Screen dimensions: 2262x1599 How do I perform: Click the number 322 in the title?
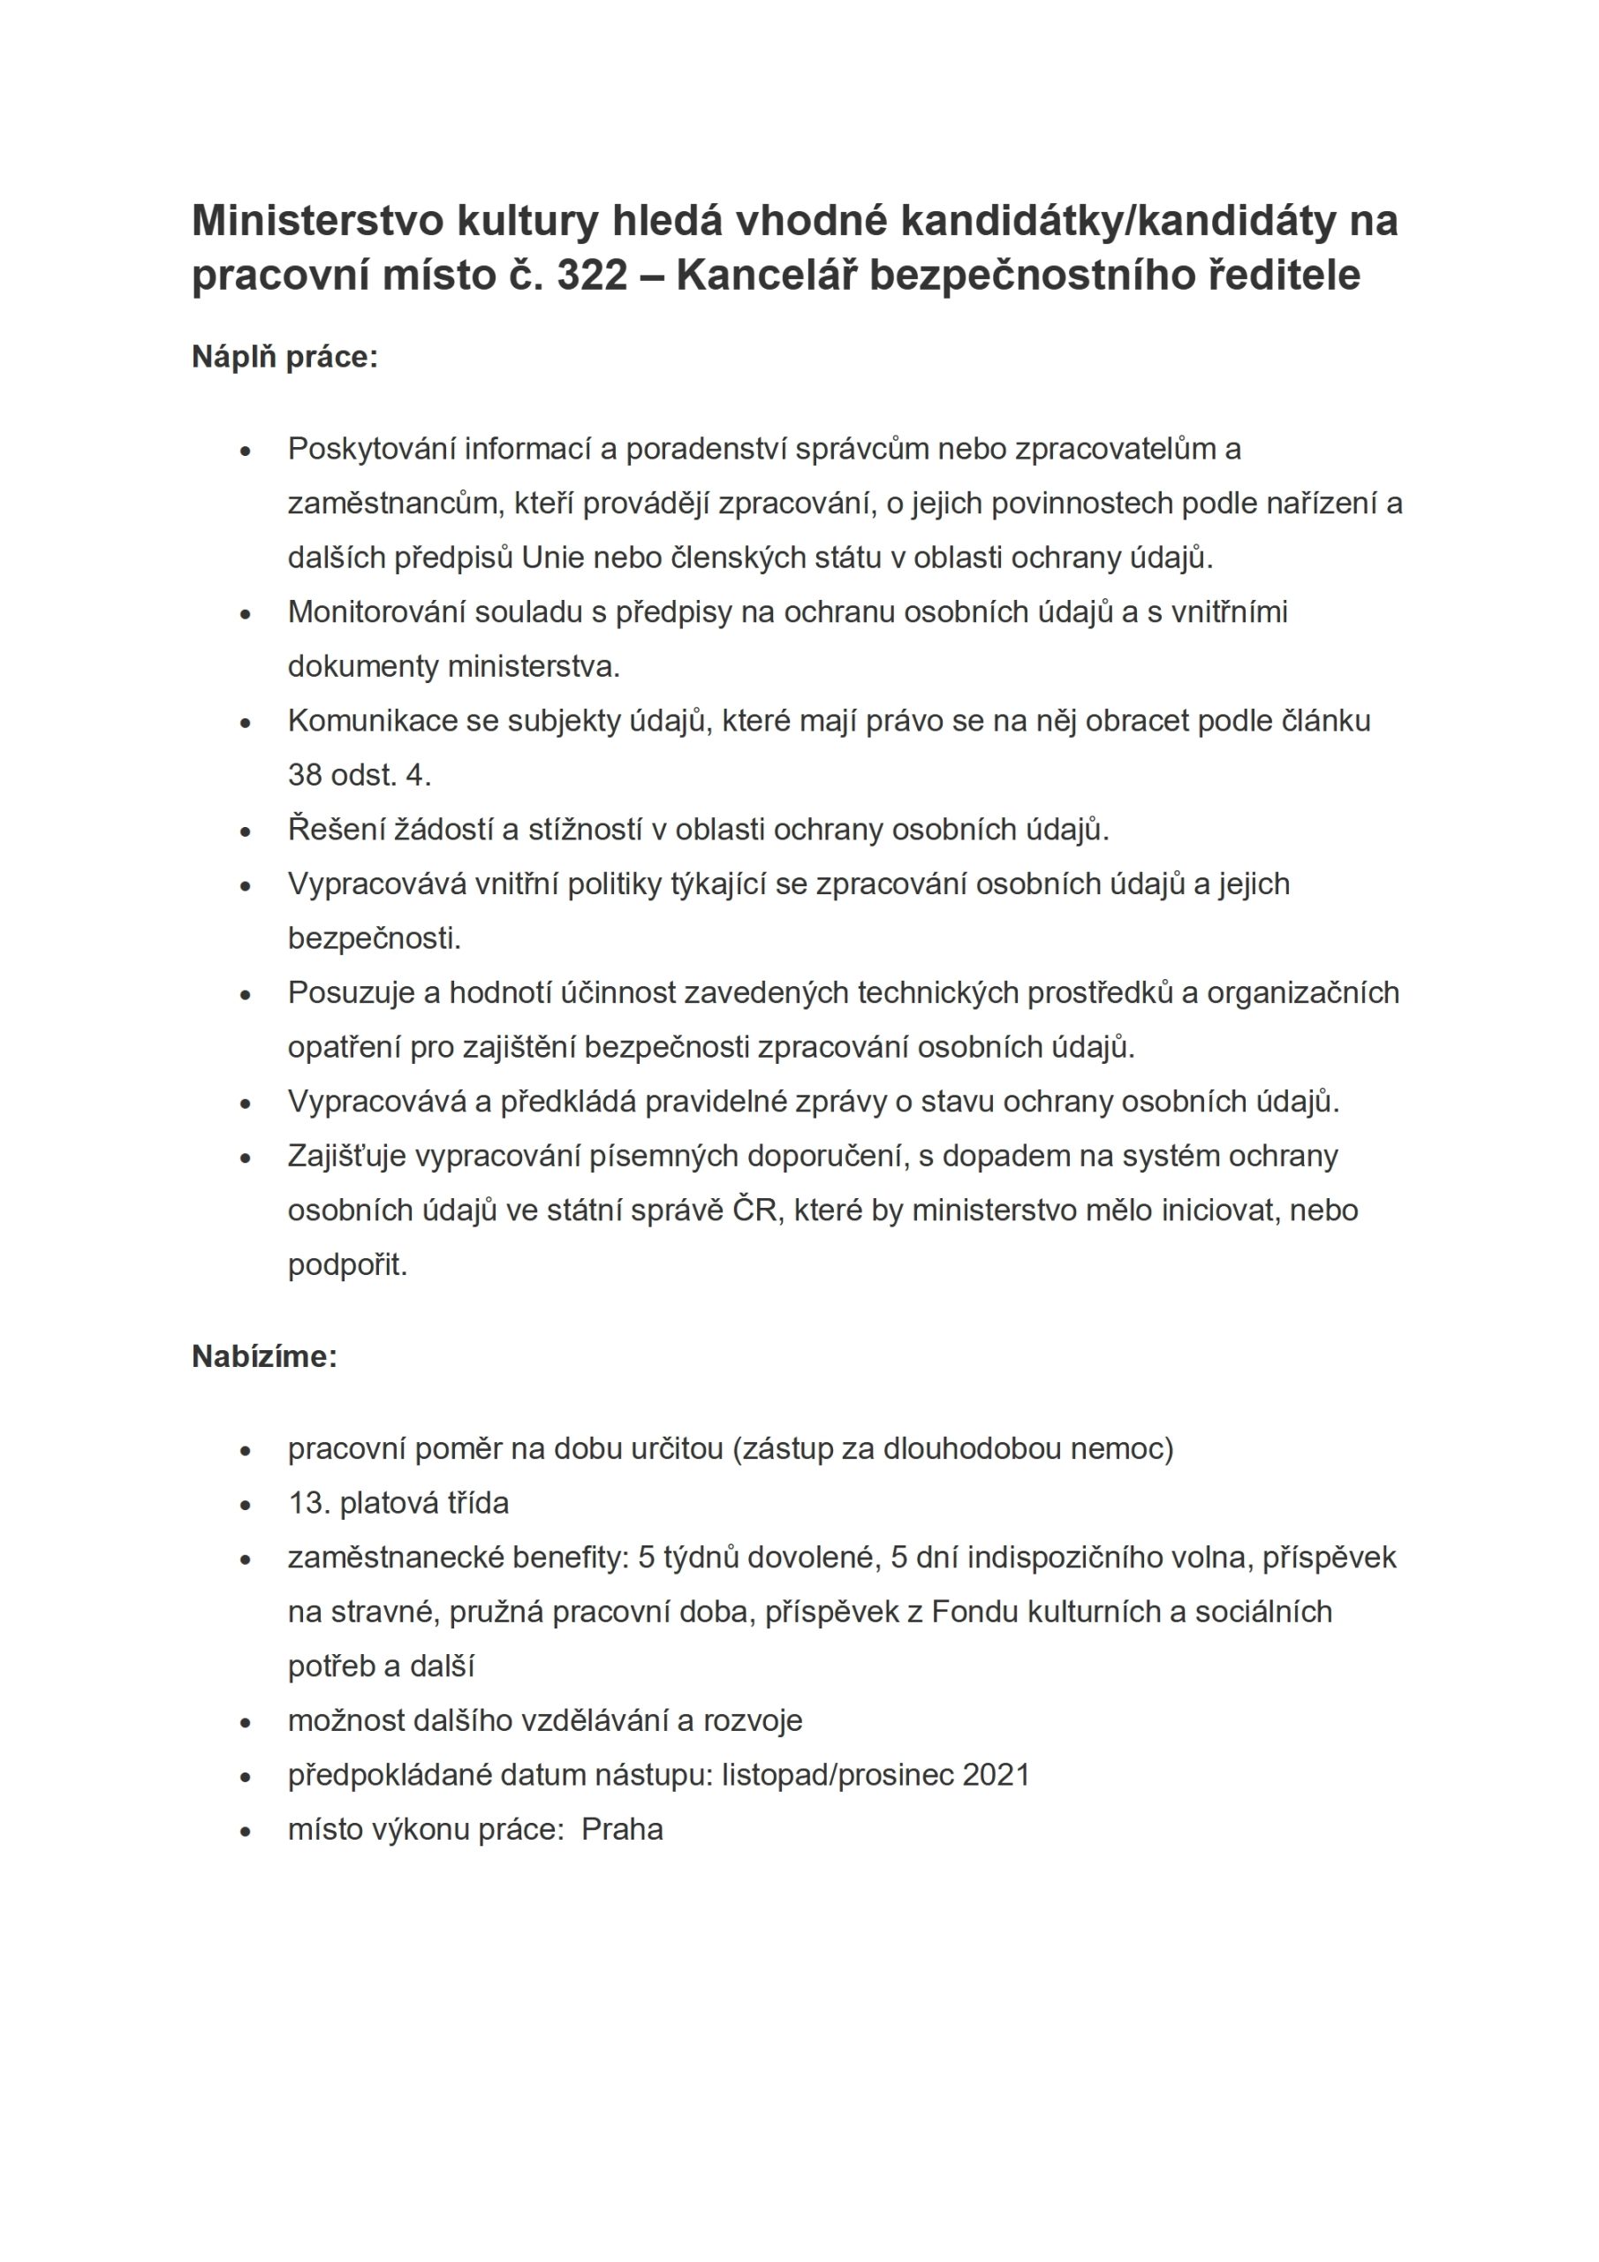point(592,275)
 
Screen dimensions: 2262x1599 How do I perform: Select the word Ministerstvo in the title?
point(318,221)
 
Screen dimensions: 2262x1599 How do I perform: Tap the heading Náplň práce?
point(284,357)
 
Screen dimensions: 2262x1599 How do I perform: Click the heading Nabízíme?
point(264,1356)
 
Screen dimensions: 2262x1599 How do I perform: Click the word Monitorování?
point(373,611)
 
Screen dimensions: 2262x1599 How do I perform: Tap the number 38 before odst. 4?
point(305,775)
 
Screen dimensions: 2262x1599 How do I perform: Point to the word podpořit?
point(347,1265)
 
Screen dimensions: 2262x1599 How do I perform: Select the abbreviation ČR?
point(754,1210)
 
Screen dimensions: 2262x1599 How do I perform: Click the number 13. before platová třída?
point(309,1503)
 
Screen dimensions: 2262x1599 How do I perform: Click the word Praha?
point(623,1830)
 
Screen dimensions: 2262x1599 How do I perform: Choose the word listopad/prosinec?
point(837,1775)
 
